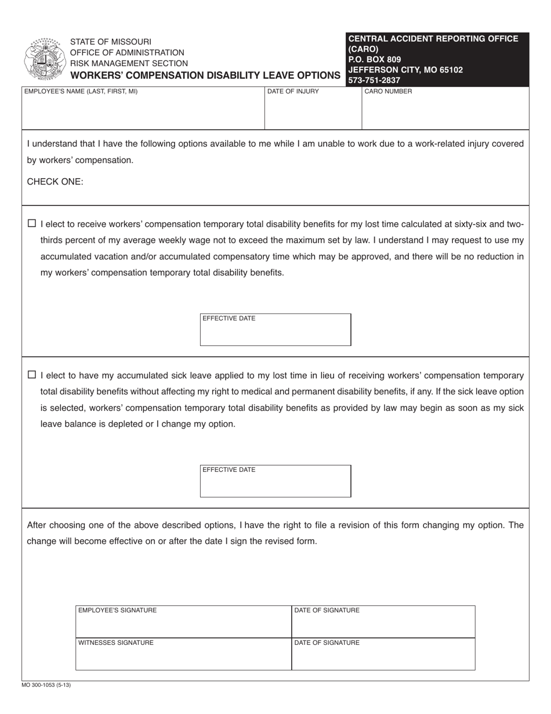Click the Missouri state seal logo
pyautogui.click(x=43, y=59)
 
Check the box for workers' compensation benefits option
pyautogui.click(x=32, y=223)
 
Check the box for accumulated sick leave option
pyautogui.click(x=32, y=375)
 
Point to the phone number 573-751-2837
pyautogui.click(x=374, y=81)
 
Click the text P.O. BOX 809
pyautogui.click(x=374, y=59)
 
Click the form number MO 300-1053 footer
pyautogui.click(x=46, y=686)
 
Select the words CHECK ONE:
pyautogui.click(x=55, y=182)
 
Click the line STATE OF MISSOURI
pyautogui.click(x=111, y=42)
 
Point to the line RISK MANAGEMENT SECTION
pyautogui.click(x=129, y=63)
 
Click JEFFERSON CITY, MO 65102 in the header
pyautogui.click(x=405, y=70)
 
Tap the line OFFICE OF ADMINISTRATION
pyautogui.click(x=127, y=53)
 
